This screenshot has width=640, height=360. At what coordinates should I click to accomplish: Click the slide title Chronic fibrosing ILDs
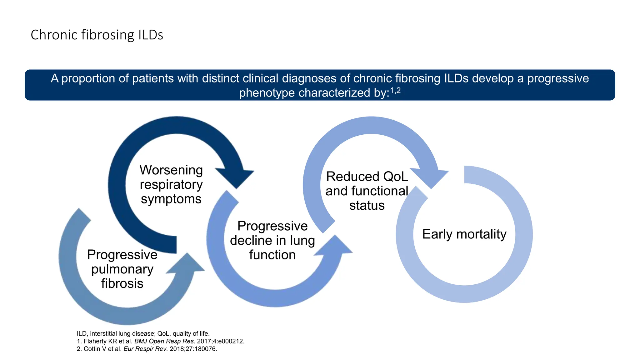(97, 35)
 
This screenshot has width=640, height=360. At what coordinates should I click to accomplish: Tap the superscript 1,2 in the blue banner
(395, 91)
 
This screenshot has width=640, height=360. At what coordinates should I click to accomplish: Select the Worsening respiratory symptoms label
(171, 184)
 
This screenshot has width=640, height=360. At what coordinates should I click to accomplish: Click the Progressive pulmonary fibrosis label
(122, 269)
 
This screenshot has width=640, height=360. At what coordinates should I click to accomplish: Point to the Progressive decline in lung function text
(272, 240)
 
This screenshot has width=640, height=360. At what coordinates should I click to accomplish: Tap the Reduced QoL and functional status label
(367, 191)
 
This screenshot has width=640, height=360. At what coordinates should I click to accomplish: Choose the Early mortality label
(464, 234)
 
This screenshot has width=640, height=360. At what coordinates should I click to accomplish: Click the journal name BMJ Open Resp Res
(164, 341)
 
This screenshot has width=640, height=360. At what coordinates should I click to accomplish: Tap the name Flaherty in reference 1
(95, 341)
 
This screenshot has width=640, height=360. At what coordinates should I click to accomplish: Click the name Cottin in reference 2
(92, 349)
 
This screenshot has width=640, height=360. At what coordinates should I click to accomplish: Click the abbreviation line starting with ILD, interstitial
(143, 333)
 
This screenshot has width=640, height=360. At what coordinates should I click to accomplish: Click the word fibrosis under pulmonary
(122, 283)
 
